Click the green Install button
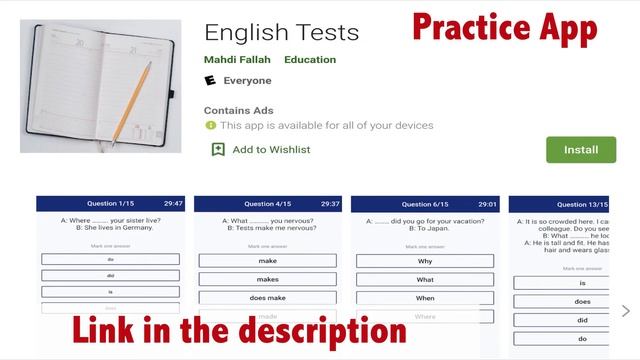[581, 150]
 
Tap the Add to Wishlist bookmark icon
[218, 149]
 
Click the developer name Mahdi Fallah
[237, 60]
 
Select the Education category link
[310, 60]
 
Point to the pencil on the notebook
[131, 101]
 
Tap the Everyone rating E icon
[210, 80]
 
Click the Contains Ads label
[238, 110]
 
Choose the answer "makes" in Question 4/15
[267, 279]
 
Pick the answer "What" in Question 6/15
[425, 279]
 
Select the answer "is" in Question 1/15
[111, 292]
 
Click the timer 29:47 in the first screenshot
[174, 203]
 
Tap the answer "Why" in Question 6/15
[425, 261]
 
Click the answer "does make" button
[267, 297]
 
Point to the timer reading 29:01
[488, 203]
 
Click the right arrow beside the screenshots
[626, 310]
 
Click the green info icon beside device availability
[210, 126]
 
